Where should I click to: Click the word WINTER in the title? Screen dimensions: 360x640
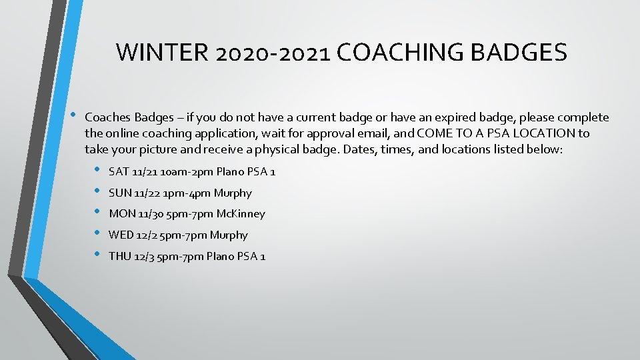tap(163, 52)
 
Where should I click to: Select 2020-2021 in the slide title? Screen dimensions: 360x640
tap(273, 52)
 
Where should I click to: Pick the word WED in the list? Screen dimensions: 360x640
tap(121, 235)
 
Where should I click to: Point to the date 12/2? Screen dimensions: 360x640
tap(147, 235)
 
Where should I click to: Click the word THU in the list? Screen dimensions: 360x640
tap(120, 257)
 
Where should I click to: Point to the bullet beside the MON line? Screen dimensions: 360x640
tap(97, 213)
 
